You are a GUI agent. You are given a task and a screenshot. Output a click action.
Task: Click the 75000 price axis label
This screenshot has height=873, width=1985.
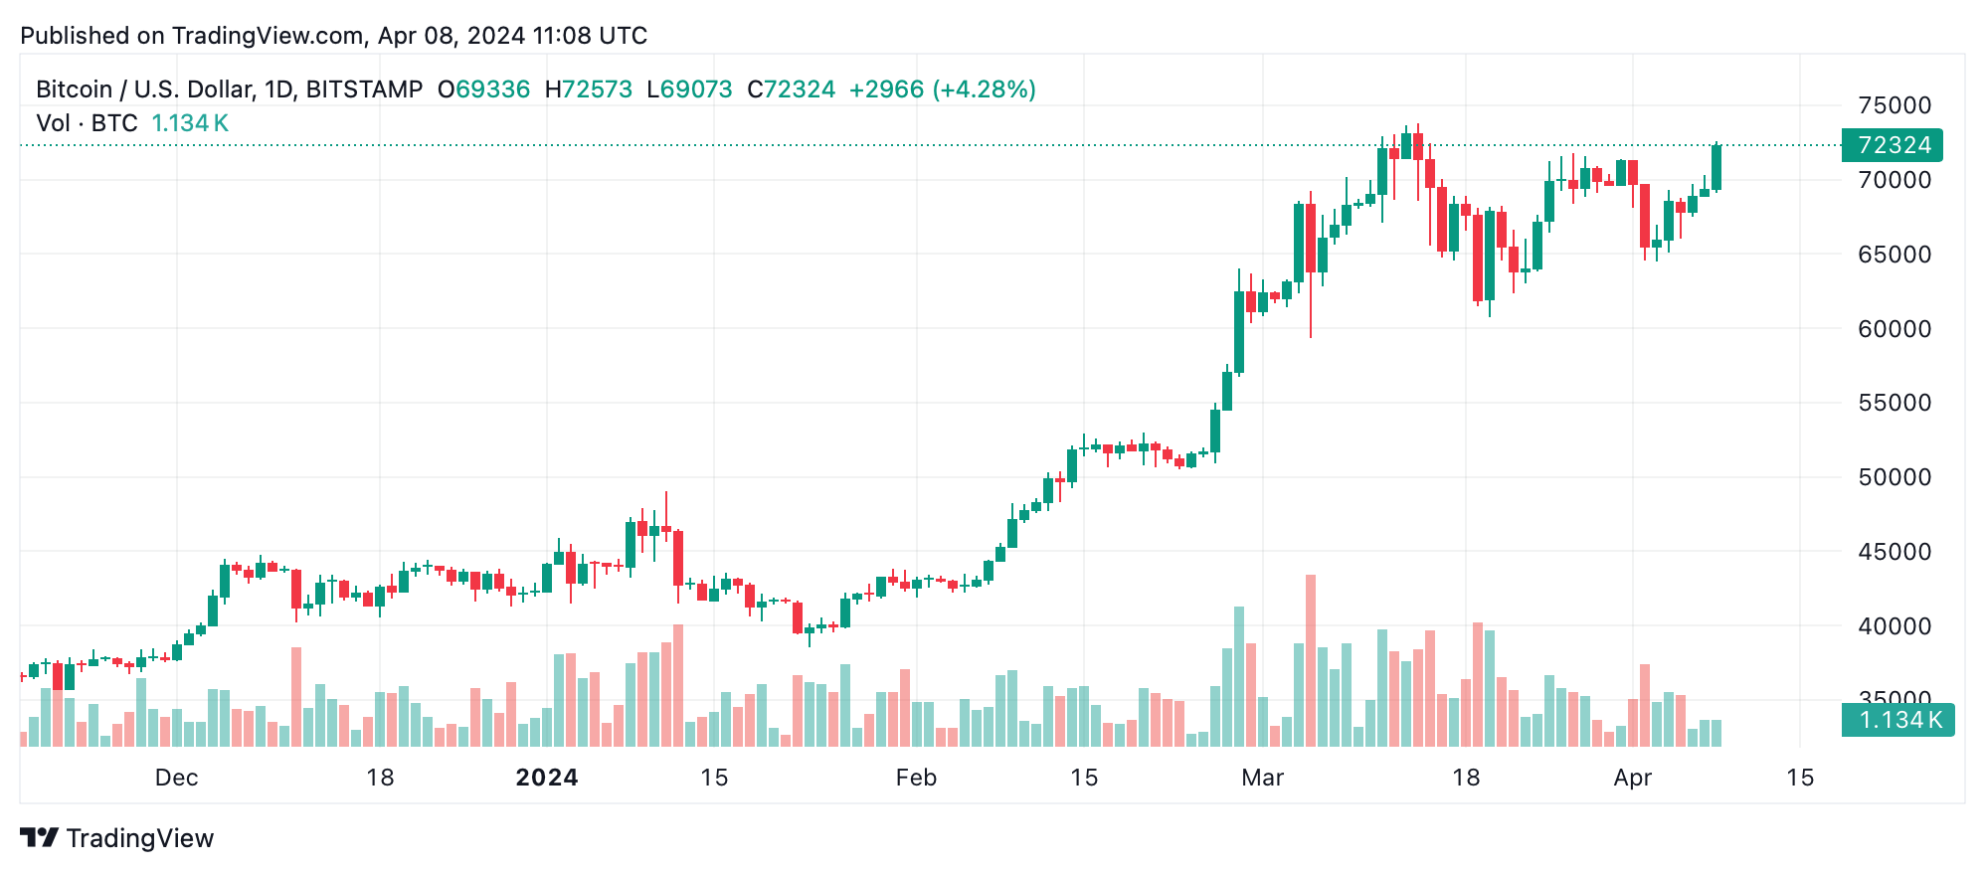(x=1894, y=105)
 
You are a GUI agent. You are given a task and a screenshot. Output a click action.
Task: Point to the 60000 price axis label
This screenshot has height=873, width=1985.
(x=1894, y=329)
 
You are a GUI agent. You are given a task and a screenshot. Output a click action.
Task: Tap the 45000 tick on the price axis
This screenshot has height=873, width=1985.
(x=1894, y=552)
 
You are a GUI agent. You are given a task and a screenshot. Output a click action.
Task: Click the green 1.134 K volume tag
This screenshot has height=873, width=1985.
(x=1897, y=720)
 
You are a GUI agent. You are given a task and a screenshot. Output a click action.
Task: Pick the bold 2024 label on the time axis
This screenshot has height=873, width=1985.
(x=547, y=778)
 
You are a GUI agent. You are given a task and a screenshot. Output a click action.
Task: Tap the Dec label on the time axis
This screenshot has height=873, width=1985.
(x=176, y=778)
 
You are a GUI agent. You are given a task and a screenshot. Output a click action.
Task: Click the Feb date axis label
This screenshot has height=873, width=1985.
(x=916, y=778)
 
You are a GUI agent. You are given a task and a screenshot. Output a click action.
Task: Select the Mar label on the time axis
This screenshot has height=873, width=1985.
(x=1262, y=778)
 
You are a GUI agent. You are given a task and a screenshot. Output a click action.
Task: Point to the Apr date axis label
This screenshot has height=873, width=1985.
(x=1632, y=778)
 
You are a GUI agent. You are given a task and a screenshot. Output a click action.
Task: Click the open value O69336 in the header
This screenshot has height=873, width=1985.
(x=484, y=89)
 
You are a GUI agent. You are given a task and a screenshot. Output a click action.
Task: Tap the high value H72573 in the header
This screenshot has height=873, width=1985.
(x=589, y=89)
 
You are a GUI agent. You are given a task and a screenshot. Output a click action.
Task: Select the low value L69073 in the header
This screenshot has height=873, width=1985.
(x=689, y=89)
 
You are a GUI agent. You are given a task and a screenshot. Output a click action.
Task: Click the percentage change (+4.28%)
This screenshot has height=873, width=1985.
(x=984, y=89)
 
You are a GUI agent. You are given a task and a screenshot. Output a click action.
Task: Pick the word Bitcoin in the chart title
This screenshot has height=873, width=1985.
(x=74, y=89)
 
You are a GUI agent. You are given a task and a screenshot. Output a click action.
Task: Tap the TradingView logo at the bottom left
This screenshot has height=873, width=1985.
(x=117, y=838)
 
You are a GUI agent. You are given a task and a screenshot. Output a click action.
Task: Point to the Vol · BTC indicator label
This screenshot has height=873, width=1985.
(x=87, y=123)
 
